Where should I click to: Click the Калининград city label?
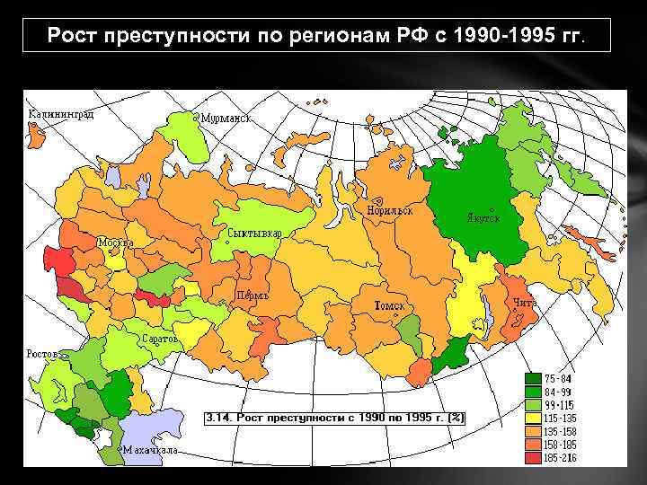61,115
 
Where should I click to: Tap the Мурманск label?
226,118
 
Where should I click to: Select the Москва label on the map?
116,242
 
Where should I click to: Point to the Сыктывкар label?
255,234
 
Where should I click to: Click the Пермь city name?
253,295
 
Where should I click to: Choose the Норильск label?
389,210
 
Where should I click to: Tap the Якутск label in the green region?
483,218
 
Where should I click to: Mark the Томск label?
389,306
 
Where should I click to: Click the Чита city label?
525,303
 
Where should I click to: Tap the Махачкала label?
151,449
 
